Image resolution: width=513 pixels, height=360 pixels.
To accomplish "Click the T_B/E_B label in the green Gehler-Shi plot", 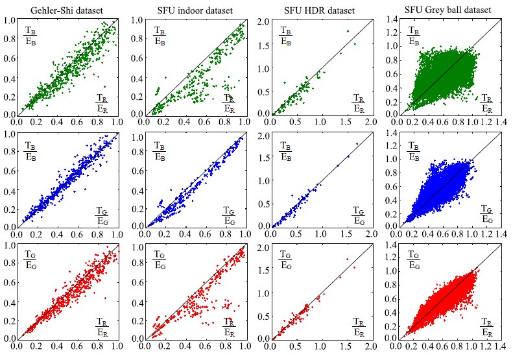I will [x=31, y=34].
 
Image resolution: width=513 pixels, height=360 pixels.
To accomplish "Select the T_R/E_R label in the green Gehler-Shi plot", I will [x=102, y=102].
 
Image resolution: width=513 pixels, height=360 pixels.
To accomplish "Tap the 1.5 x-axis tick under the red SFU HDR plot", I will [x=346, y=345].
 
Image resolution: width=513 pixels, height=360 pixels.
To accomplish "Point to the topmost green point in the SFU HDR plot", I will [x=348, y=30].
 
